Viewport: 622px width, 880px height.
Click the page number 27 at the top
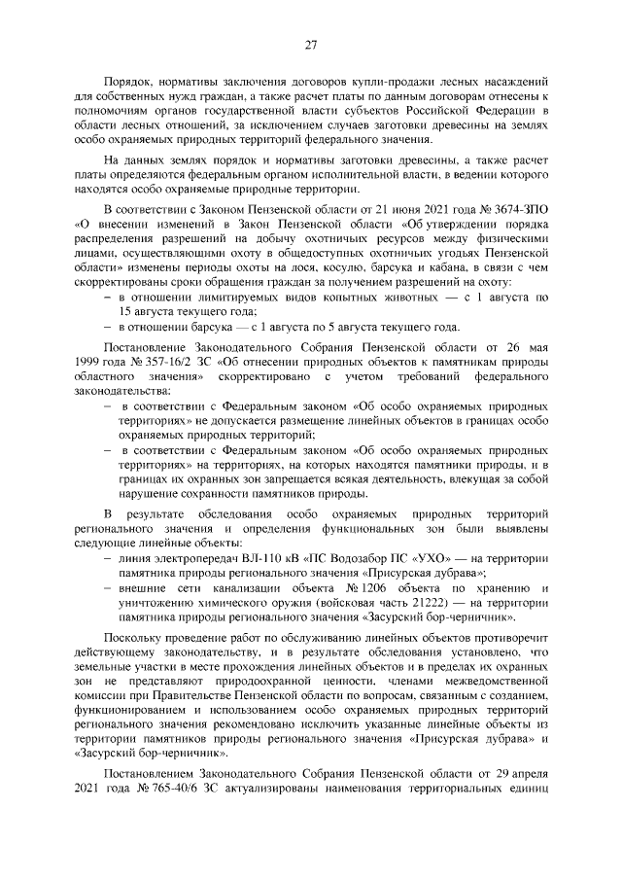(x=311, y=43)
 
